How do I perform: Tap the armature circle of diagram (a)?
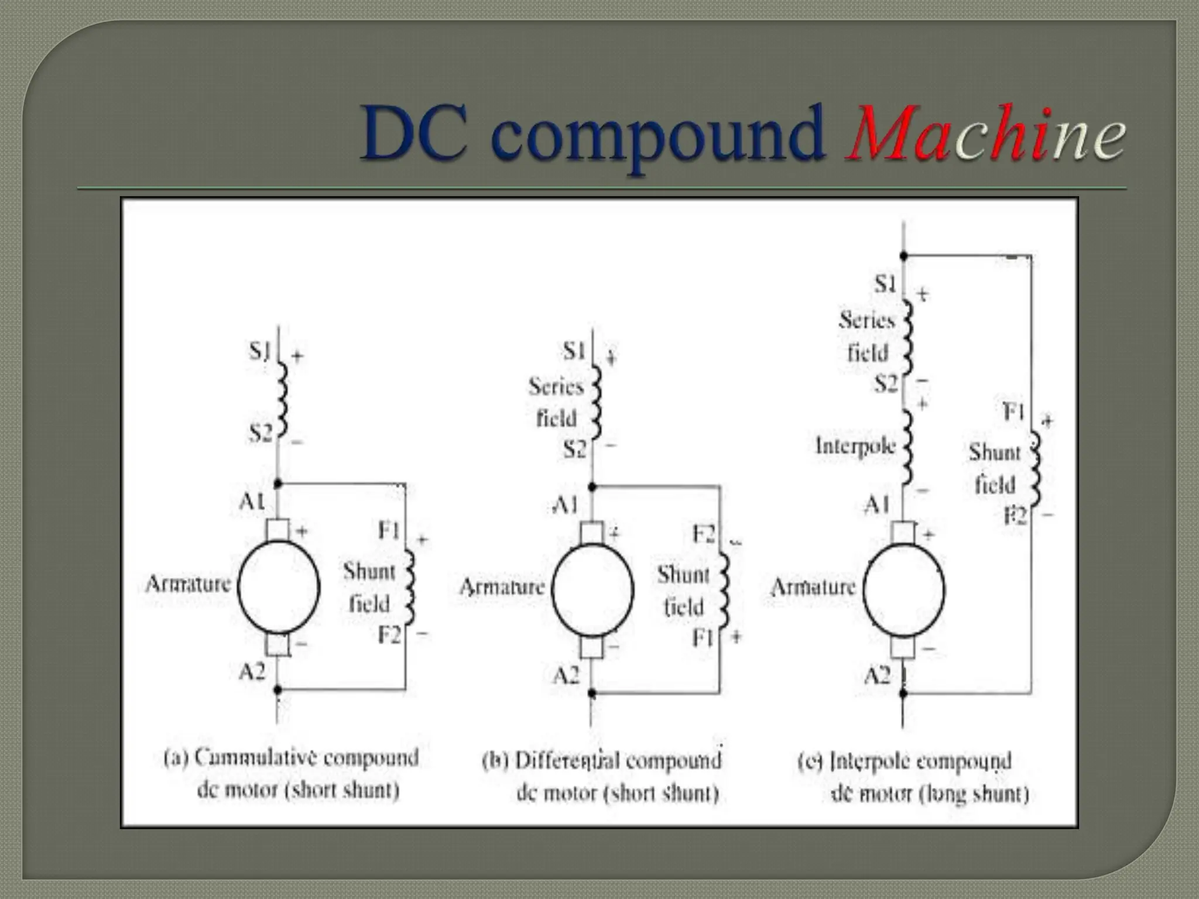(x=279, y=586)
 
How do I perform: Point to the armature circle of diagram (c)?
(x=904, y=589)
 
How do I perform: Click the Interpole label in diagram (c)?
(x=855, y=446)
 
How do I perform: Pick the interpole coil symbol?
(x=907, y=447)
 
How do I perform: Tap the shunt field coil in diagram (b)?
(x=724, y=590)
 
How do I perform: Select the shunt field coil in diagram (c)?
(x=1036, y=468)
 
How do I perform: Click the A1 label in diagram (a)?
(x=252, y=501)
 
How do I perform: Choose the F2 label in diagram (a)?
(x=389, y=634)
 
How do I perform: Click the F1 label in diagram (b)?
(x=703, y=637)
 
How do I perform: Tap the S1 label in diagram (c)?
(x=885, y=284)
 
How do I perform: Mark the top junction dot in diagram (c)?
(x=903, y=256)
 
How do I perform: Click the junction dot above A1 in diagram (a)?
(x=278, y=484)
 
